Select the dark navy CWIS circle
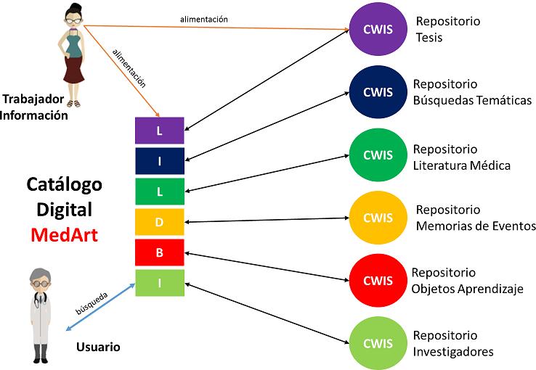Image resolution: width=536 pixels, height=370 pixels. tap(377, 92)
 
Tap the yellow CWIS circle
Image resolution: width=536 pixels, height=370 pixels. tap(377, 217)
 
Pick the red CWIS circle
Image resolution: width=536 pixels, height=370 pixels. tap(377, 279)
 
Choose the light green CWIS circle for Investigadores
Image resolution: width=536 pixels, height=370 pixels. tap(377, 342)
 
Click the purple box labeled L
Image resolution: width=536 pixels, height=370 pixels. tap(160, 131)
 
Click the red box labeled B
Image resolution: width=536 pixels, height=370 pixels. tap(160, 252)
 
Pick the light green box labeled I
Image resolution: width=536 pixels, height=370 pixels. tap(160, 283)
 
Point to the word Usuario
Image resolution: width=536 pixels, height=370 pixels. tap(98, 347)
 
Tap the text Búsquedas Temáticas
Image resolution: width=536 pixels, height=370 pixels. tap(472, 100)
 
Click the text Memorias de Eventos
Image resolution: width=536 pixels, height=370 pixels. tap(476, 226)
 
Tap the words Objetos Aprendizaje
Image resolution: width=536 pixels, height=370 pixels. tap(468, 289)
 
